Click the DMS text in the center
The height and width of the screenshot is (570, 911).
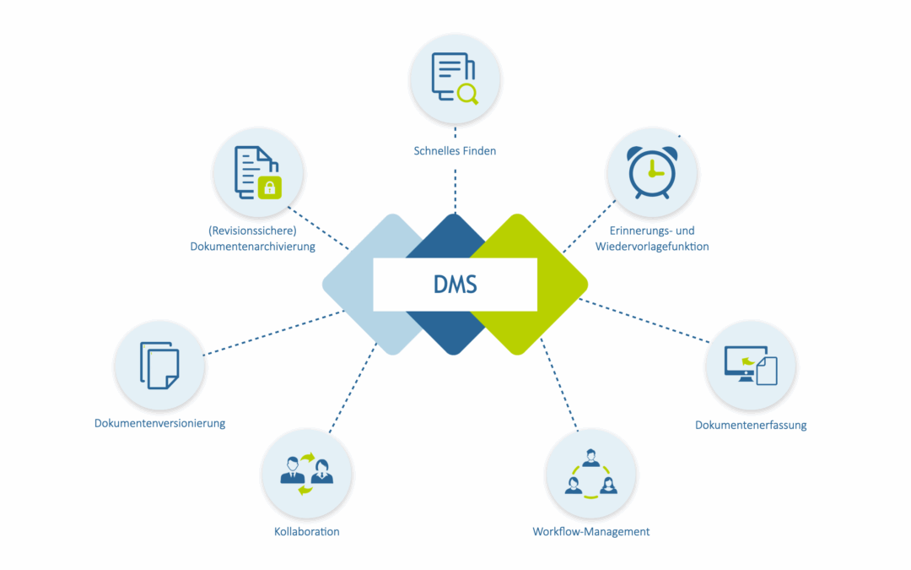click(x=455, y=285)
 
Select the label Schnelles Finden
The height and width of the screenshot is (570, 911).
click(x=455, y=151)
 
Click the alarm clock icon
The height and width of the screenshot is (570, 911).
click(x=652, y=172)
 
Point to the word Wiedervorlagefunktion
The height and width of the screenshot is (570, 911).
click(x=652, y=247)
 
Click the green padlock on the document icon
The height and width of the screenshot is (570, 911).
click(x=270, y=186)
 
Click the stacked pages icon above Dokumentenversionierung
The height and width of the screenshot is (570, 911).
click(x=159, y=365)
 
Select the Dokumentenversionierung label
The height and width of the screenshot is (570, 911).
click(x=159, y=423)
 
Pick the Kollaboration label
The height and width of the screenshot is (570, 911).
click(x=306, y=532)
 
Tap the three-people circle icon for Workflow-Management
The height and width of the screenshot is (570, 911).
click(x=590, y=473)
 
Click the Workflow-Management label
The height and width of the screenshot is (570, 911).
click(x=590, y=532)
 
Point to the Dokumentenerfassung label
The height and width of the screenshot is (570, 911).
click(x=750, y=425)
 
